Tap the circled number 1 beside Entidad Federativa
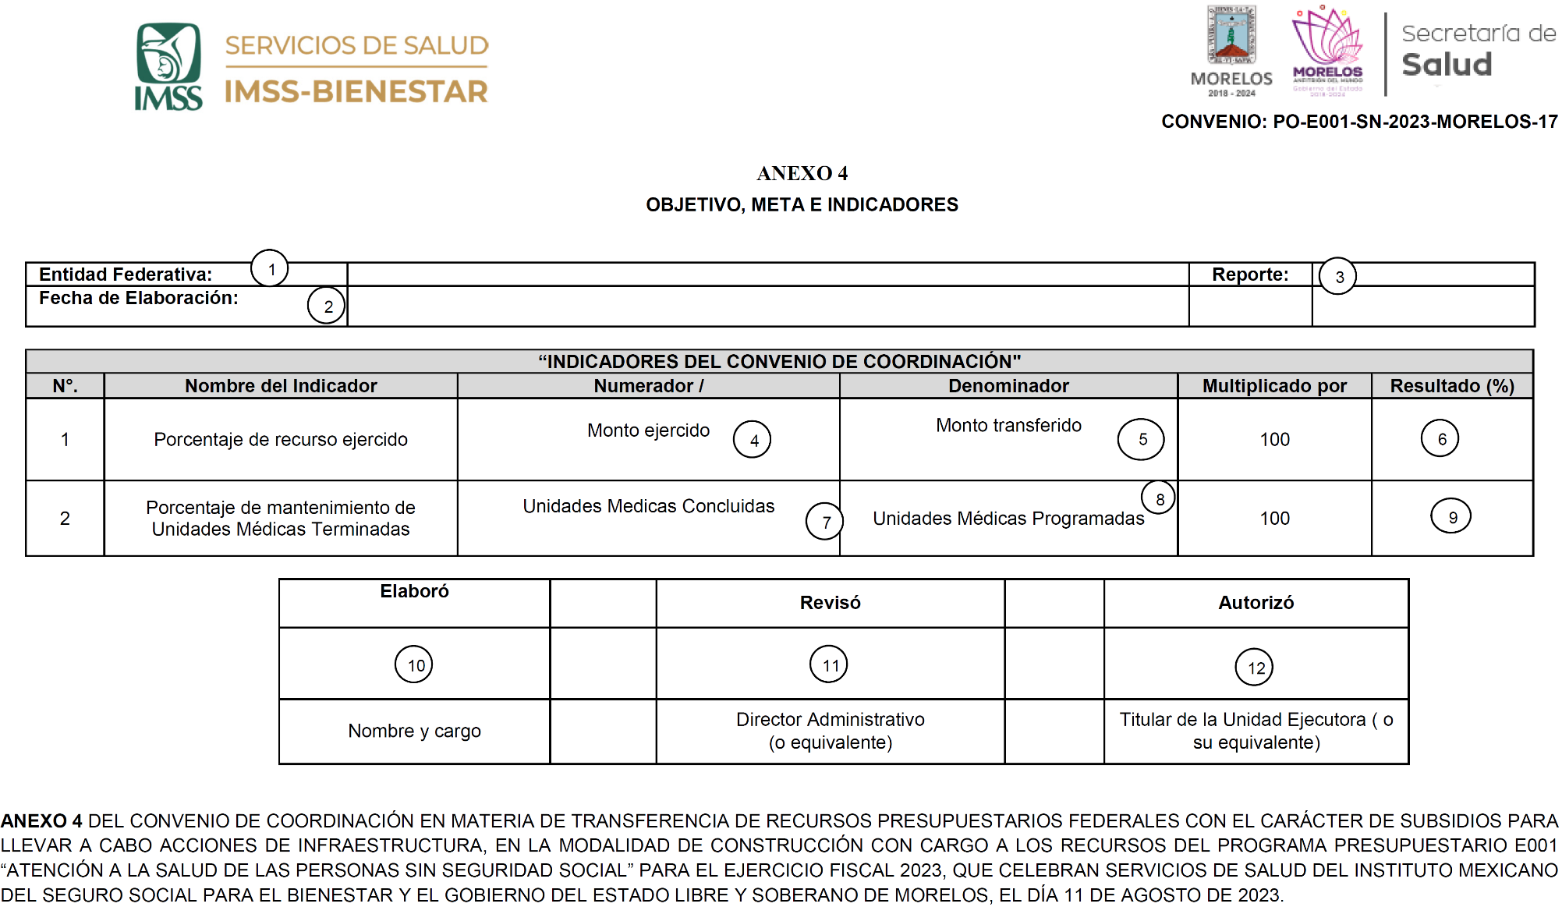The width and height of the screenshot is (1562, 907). (x=270, y=268)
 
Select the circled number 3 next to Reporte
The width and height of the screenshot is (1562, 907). (x=1338, y=276)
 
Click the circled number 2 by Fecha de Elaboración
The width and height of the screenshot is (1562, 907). (x=326, y=305)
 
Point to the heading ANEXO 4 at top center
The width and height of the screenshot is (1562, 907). (x=802, y=173)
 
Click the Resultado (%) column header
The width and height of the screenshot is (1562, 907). (x=1451, y=385)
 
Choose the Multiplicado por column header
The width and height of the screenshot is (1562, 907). (x=1273, y=385)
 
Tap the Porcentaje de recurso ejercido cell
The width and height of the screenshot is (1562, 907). (x=280, y=439)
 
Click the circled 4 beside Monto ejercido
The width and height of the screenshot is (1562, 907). (x=753, y=440)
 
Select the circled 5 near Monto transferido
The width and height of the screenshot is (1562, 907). (x=1141, y=439)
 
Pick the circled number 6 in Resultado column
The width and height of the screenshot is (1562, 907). (x=1440, y=438)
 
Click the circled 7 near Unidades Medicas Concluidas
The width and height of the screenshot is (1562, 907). (x=825, y=522)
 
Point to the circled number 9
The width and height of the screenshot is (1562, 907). (x=1451, y=516)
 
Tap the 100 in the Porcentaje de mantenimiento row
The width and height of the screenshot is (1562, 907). (x=1274, y=518)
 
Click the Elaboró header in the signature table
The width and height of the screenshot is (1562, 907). (x=414, y=591)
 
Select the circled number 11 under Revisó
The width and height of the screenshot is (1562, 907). (x=829, y=664)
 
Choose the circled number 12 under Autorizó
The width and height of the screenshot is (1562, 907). (x=1255, y=667)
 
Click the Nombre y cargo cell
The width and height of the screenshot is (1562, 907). (x=414, y=731)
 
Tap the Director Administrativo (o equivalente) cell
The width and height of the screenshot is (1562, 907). (x=830, y=731)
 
